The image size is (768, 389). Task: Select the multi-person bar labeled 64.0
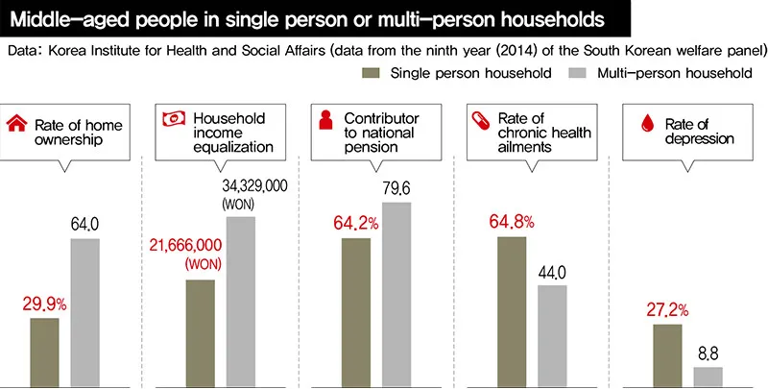[84, 311]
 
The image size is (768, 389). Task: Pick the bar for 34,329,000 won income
[240, 300]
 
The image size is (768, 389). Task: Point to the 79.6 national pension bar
[396, 293]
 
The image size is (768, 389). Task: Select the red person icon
[325, 120]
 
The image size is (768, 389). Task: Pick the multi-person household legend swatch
[576, 73]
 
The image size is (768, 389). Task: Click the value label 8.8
[708, 353]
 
